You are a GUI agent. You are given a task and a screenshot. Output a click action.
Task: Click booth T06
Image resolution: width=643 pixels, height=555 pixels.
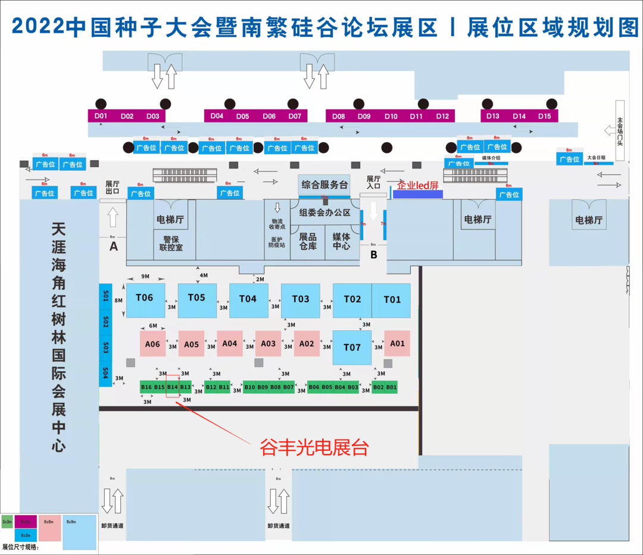[145, 300]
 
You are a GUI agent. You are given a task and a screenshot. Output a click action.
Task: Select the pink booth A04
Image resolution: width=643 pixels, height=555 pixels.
[230, 343]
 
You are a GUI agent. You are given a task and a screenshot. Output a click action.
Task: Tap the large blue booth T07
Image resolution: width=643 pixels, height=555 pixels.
[352, 347]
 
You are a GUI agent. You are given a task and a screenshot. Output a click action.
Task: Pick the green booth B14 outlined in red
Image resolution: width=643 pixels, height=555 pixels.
[173, 387]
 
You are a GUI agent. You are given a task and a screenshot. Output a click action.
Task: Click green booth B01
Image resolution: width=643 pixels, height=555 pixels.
[391, 387]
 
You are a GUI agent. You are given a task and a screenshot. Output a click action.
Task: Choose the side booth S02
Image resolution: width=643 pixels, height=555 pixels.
[105, 322]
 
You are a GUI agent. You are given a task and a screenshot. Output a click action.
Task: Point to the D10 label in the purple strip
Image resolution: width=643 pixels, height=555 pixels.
[391, 117]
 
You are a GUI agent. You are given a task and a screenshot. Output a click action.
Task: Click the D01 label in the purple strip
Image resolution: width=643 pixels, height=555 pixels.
[101, 116]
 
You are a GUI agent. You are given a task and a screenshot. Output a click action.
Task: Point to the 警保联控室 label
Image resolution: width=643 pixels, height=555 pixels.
[171, 242]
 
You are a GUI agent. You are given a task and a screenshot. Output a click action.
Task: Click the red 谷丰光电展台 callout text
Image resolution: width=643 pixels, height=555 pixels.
[314, 447]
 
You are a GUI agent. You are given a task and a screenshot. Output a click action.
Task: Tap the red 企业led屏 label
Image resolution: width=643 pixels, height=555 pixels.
[417, 185]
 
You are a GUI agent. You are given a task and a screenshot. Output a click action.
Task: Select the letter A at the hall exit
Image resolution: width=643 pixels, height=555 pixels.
[114, 246]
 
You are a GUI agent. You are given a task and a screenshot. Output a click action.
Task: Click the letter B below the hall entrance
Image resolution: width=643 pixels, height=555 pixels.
[374, 255]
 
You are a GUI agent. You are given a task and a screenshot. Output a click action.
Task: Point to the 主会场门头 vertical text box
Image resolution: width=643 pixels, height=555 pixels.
[619, 130]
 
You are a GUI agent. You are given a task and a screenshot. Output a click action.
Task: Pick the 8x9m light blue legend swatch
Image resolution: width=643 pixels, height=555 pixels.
[79, 532]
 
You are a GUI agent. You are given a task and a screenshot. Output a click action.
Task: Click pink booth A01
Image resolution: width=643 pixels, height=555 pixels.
[397, 343]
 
